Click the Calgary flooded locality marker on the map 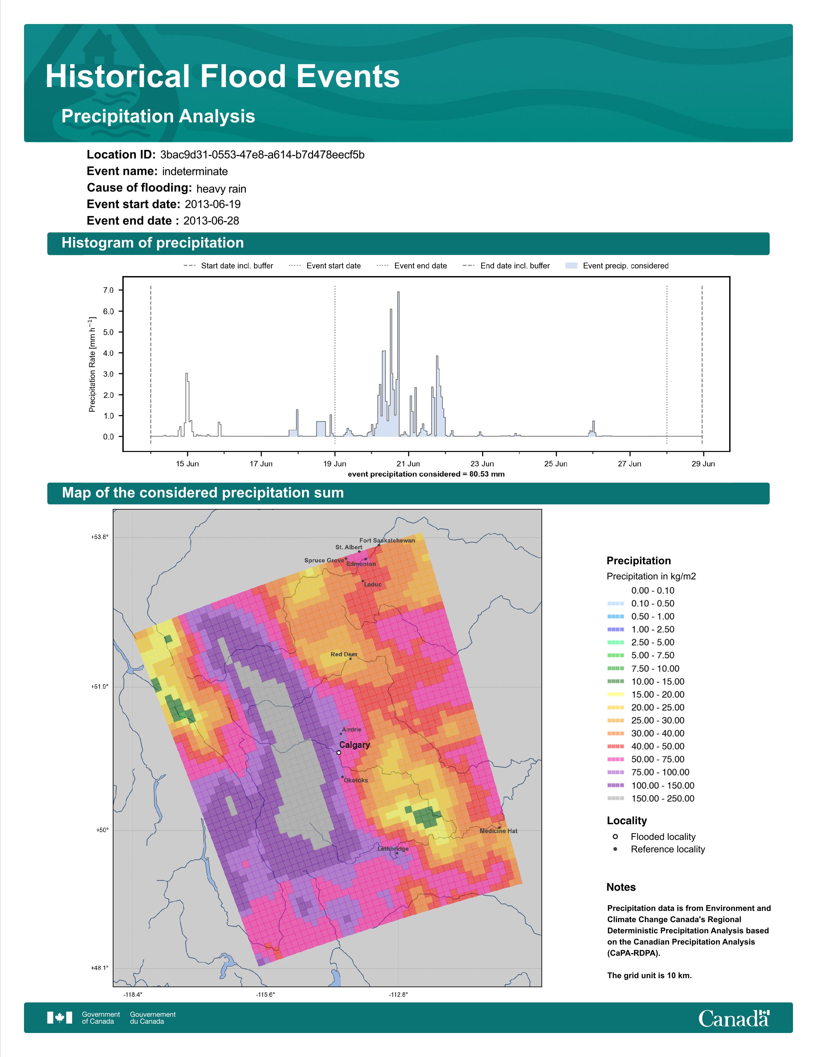[339, 753]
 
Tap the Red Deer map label [344, 654]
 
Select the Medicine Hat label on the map [499, 831]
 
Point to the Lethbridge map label [393, 849]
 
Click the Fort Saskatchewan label [387, 541]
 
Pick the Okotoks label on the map [356, 780]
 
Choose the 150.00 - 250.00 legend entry [651, 799]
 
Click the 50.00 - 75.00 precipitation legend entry [646, 759]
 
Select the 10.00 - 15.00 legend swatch [616, 681]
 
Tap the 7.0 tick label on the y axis [108, 291]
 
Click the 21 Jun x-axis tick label [408, 464]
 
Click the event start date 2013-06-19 [212, 204]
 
